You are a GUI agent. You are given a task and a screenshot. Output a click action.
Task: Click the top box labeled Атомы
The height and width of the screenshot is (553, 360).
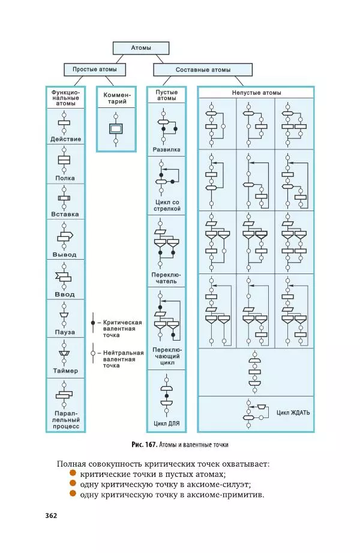pyautogui.click(x=141, y=48)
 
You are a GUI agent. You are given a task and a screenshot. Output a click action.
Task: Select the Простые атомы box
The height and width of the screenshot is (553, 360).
pyautogui.click(x=95, y=70)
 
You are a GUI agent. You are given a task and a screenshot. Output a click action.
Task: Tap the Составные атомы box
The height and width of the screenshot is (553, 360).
pyautogui.click(x=203, y=70)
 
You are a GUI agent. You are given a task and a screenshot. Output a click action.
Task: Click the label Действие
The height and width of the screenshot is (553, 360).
pyautogui.click(x=66, y=139)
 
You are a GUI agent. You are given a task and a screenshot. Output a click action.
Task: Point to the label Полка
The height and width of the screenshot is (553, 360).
pyautogui.click(x=65, y=178)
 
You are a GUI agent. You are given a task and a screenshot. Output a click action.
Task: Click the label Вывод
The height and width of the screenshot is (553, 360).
pyautogui.click(x=65, y=254)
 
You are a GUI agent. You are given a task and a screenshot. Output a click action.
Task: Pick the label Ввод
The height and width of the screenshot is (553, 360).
pyautogui.click(x=65, y=294)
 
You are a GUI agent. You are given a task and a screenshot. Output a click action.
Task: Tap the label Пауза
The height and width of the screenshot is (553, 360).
pyautogui.click(x=65, y=331)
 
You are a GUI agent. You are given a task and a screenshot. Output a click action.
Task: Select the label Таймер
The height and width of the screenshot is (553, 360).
pyautogui.click(x=65, y=371)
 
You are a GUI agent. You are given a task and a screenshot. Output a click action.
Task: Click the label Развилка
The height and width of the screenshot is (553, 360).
pyautogui.click(x=166, y=149)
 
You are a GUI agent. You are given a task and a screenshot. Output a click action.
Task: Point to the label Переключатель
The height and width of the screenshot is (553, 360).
pyautogui.click(x=166, y=278)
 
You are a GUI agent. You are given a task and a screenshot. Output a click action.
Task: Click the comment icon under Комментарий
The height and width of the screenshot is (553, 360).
pyautogui.click(x=115, y=128)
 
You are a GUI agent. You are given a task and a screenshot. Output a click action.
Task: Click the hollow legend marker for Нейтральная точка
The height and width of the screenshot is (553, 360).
pyautogui.click(x=92, y=353)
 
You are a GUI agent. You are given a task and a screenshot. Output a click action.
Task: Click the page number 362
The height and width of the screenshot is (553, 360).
pyautogui.click(x=50, y=516)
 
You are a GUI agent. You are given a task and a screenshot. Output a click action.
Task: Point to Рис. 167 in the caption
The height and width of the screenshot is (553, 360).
pyautogui.click(x=144, y=444)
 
